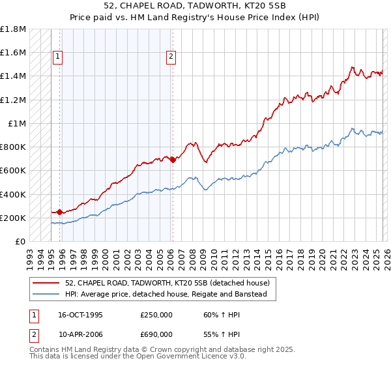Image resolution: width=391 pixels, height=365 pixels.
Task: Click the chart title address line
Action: click(x=195, y=6)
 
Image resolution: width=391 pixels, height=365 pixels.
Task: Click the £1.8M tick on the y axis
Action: click(x=13, y=29)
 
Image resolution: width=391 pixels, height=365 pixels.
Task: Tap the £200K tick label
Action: click(x=13, y=218)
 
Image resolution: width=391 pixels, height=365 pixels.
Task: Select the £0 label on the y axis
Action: click(x=21, y=241)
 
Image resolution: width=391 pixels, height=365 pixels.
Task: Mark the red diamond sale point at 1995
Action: click(x=60, y=212)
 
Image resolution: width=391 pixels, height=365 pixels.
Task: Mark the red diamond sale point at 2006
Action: click(x=173, y=160)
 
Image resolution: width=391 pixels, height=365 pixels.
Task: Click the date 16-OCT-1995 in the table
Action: click(x=80, y=315)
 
